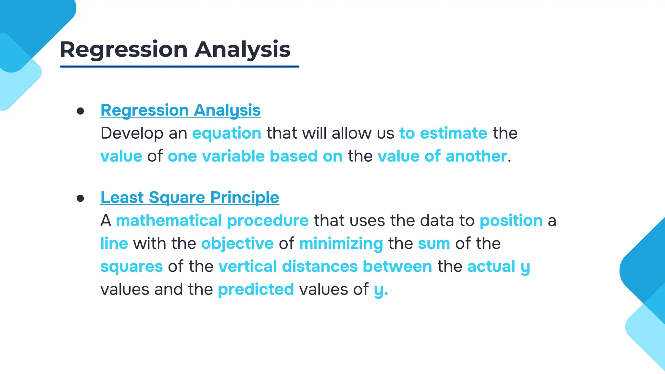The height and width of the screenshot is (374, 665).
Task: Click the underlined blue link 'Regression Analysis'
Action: click(x=181, y=110)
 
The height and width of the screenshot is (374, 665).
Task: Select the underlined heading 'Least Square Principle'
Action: click(x=190, y=197)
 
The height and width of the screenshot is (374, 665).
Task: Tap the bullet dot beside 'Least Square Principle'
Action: click(x=80, y=198)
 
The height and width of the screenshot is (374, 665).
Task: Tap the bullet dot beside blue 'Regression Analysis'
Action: click(x=80, y=111)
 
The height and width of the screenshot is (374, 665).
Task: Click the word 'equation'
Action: click(x=227, y=133)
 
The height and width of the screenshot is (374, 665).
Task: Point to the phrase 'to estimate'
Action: click(x=443, y=133)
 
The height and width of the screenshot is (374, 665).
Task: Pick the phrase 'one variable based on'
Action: click(x=255, y=156)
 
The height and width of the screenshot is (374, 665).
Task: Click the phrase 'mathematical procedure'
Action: click(x=212, y=221)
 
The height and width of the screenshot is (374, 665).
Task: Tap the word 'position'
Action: click(x=511, y=221)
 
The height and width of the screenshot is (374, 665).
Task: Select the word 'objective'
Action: click(x=237, y=244)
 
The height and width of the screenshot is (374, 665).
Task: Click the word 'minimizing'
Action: click(x=341, y=244)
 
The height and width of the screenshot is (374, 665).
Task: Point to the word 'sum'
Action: click(x=434, y=244)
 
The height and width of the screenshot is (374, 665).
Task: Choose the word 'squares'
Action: click(x=132, y=267)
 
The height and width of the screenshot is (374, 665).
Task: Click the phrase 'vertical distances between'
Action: click(x=325, y=267)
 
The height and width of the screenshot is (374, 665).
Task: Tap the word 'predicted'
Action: click(x=256, y=289)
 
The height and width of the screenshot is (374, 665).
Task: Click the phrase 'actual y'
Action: click(x=498, y=267)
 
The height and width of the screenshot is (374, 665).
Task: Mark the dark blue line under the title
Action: click(x=180, y=67)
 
